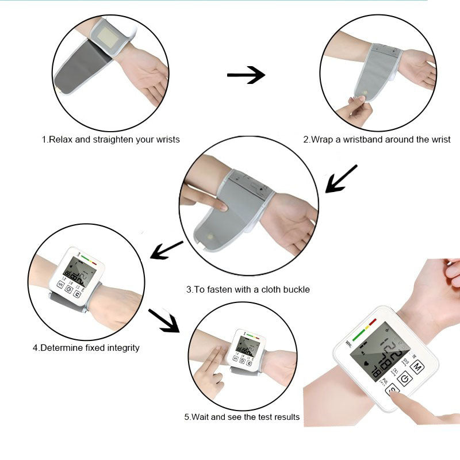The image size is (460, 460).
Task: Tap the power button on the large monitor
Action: click(405, 379)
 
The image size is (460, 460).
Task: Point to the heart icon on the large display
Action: click(367, 363)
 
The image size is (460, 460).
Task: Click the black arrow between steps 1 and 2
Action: click(246, 75)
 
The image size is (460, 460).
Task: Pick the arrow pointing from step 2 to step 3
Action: click(341, 179)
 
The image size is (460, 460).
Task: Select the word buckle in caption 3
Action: click(296, 289)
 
